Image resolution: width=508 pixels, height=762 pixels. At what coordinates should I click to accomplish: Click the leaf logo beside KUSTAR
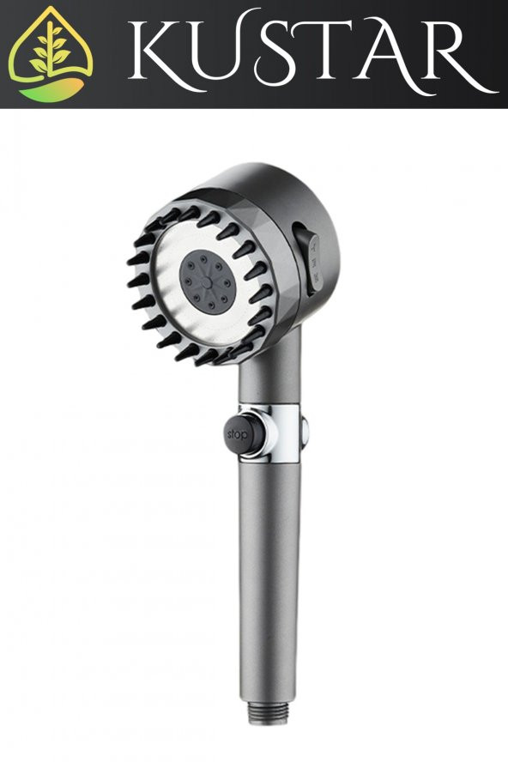51,53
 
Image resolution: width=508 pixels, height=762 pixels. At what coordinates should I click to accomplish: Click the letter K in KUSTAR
163,55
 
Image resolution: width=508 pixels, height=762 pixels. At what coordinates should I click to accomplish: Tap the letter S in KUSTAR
281,54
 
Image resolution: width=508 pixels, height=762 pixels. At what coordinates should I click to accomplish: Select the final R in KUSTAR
455,56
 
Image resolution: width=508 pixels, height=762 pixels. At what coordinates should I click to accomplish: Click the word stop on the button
237,435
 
